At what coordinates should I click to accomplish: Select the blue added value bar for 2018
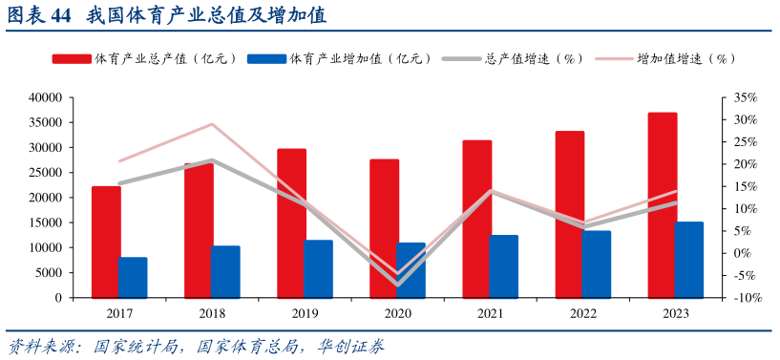[x=225, y=271]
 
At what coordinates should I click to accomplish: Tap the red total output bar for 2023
[x=663, y=204]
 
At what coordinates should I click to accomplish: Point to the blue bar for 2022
[x=597, y=264]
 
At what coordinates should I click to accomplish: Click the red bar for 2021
[x=477, y=219]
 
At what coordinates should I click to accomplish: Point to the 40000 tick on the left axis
[x=46, y=98]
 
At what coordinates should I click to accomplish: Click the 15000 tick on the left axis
[x=46, y=222]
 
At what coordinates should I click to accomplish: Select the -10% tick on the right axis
[x=745, y=298]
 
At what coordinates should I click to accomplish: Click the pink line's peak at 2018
[x=212, y=124]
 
